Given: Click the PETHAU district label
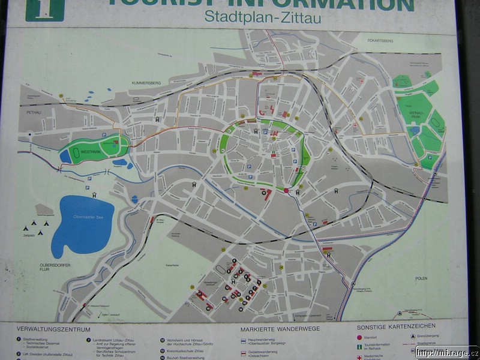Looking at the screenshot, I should click(32, 112).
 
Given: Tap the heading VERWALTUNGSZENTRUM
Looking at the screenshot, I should click(54, 329).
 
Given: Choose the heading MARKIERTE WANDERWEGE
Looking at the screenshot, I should click(280, 329).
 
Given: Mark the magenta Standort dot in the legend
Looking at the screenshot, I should click(359, 337).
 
